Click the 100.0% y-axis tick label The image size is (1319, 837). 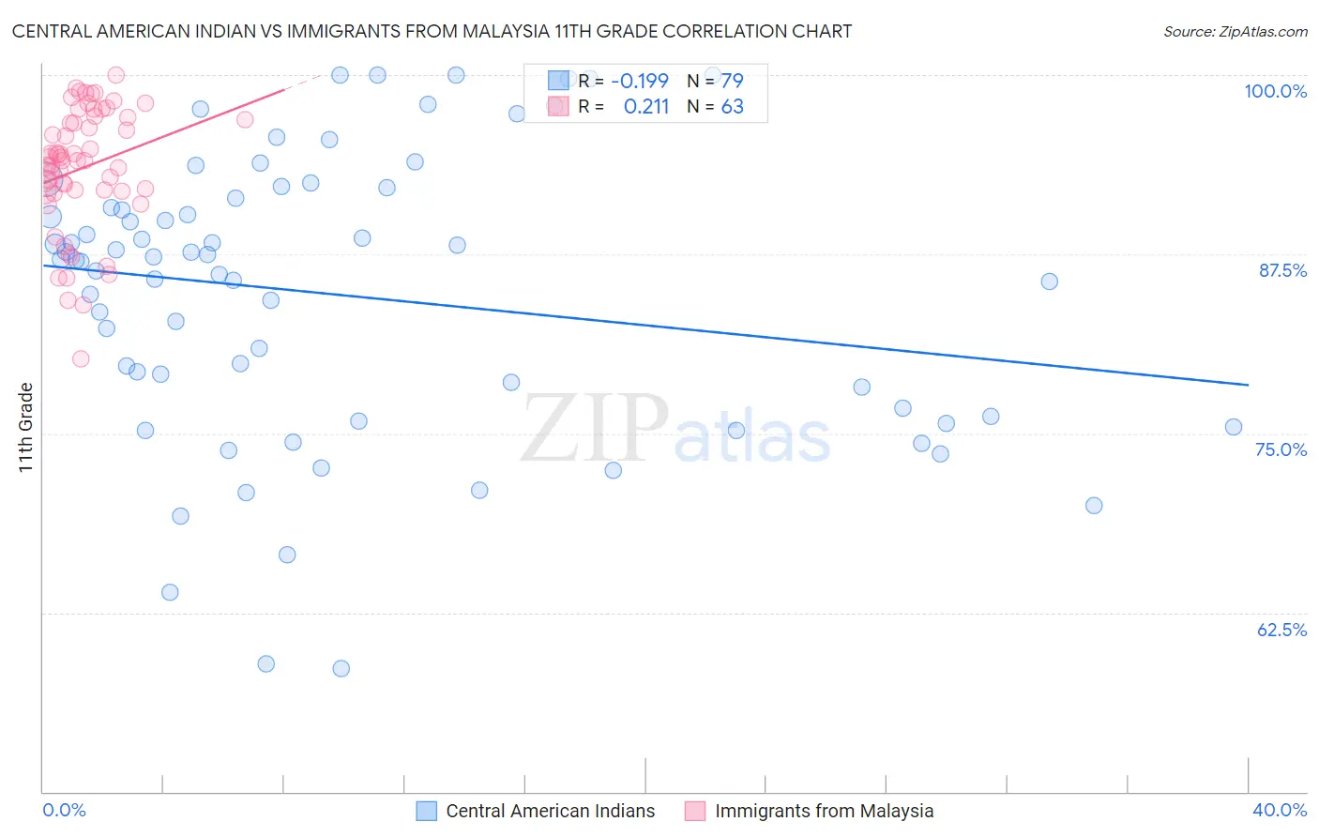[1275, 91]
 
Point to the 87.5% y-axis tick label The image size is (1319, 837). [1282, 270]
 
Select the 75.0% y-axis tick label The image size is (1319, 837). [1281, 449]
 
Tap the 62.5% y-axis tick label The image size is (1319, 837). [1281, 630]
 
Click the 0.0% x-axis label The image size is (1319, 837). [64, 810]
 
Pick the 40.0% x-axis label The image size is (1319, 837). [1279, 810]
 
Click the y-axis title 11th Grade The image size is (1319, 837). [26, 427]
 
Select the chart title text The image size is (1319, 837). [432, 31]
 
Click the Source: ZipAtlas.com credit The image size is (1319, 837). [1235, 31]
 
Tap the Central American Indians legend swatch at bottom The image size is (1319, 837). [427, 811]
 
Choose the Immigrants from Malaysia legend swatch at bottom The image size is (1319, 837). [695, 811]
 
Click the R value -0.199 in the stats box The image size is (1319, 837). [639, 81]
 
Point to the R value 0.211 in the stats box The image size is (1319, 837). [645, 107]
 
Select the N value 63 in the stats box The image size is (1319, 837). [732, 107]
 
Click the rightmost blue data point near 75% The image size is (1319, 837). [1234, 427]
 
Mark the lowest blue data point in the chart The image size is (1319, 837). [341, 668]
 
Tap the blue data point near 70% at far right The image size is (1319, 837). [1094, 505]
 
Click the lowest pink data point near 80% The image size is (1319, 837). [81, 358]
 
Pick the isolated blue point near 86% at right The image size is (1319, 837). [1050, 282]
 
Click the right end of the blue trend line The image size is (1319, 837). [1248, 385]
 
